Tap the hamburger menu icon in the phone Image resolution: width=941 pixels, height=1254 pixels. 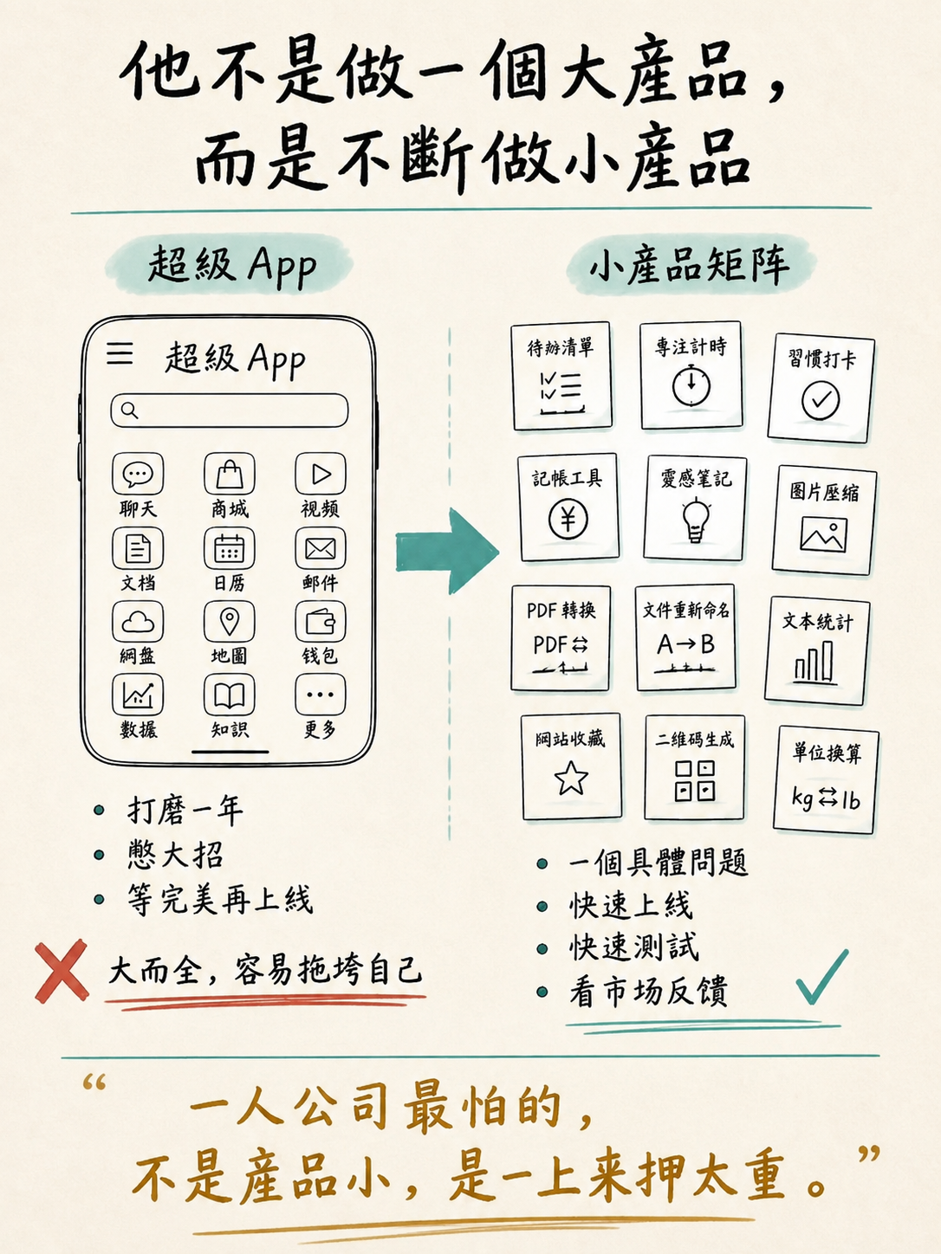click(120, 353)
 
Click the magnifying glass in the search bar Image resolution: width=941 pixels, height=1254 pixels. click(130, 410)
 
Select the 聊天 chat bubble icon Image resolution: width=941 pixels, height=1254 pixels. click(138, 474)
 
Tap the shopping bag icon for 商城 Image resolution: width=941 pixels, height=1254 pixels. click(229, 474)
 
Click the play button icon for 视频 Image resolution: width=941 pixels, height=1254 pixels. click(321, 474)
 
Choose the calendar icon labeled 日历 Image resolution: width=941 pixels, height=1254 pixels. click(229, 548)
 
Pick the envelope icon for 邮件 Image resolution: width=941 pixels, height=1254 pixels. click(321, 548)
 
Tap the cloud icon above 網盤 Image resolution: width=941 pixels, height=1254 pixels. click(138, 622)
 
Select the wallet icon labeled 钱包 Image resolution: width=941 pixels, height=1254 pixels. click(321, 622)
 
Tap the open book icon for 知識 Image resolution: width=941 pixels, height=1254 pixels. click(229, 695)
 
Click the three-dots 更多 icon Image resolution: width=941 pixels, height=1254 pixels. click(321, 695)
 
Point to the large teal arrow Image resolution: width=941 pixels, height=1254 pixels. click(447, 552)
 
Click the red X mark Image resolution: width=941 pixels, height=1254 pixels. click(62, 971)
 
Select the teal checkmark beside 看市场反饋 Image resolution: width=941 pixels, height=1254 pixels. click(821, 977)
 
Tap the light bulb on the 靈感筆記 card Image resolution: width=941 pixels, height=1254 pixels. click(696, 519)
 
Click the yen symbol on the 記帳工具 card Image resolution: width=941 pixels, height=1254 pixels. click(568, 520)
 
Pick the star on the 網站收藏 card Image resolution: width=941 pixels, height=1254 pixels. click(571, 777)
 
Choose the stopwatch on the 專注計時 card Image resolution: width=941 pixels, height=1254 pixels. click(691, 385)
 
